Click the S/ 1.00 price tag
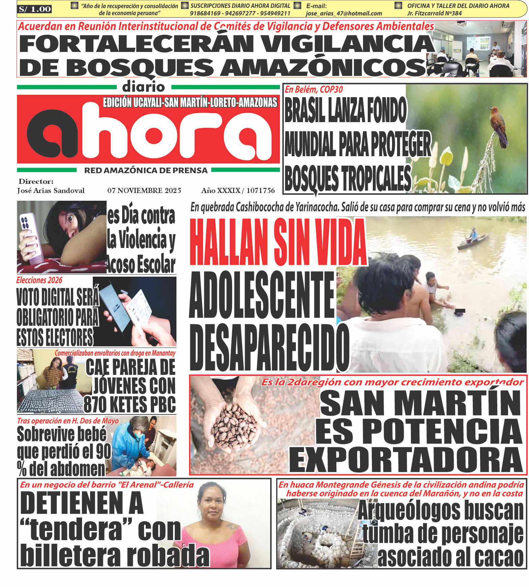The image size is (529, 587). (x=35, y=9)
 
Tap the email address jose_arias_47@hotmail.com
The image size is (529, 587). (x=344, y=13)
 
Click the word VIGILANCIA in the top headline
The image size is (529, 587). (x=347, y=44)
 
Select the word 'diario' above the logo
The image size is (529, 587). (x=144, y=87)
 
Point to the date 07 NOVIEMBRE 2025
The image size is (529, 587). (x=144, y=191)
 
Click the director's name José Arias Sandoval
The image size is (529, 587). (x=51, y=191)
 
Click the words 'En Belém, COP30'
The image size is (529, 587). (x=314, y=89)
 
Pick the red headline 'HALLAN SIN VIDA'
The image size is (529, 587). (x=277, y=242)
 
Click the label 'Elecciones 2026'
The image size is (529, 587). (x=39, y=280)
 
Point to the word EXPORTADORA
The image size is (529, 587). (x=406, y=460)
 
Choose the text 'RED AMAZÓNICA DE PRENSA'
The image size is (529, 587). (x=146, y=170)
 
